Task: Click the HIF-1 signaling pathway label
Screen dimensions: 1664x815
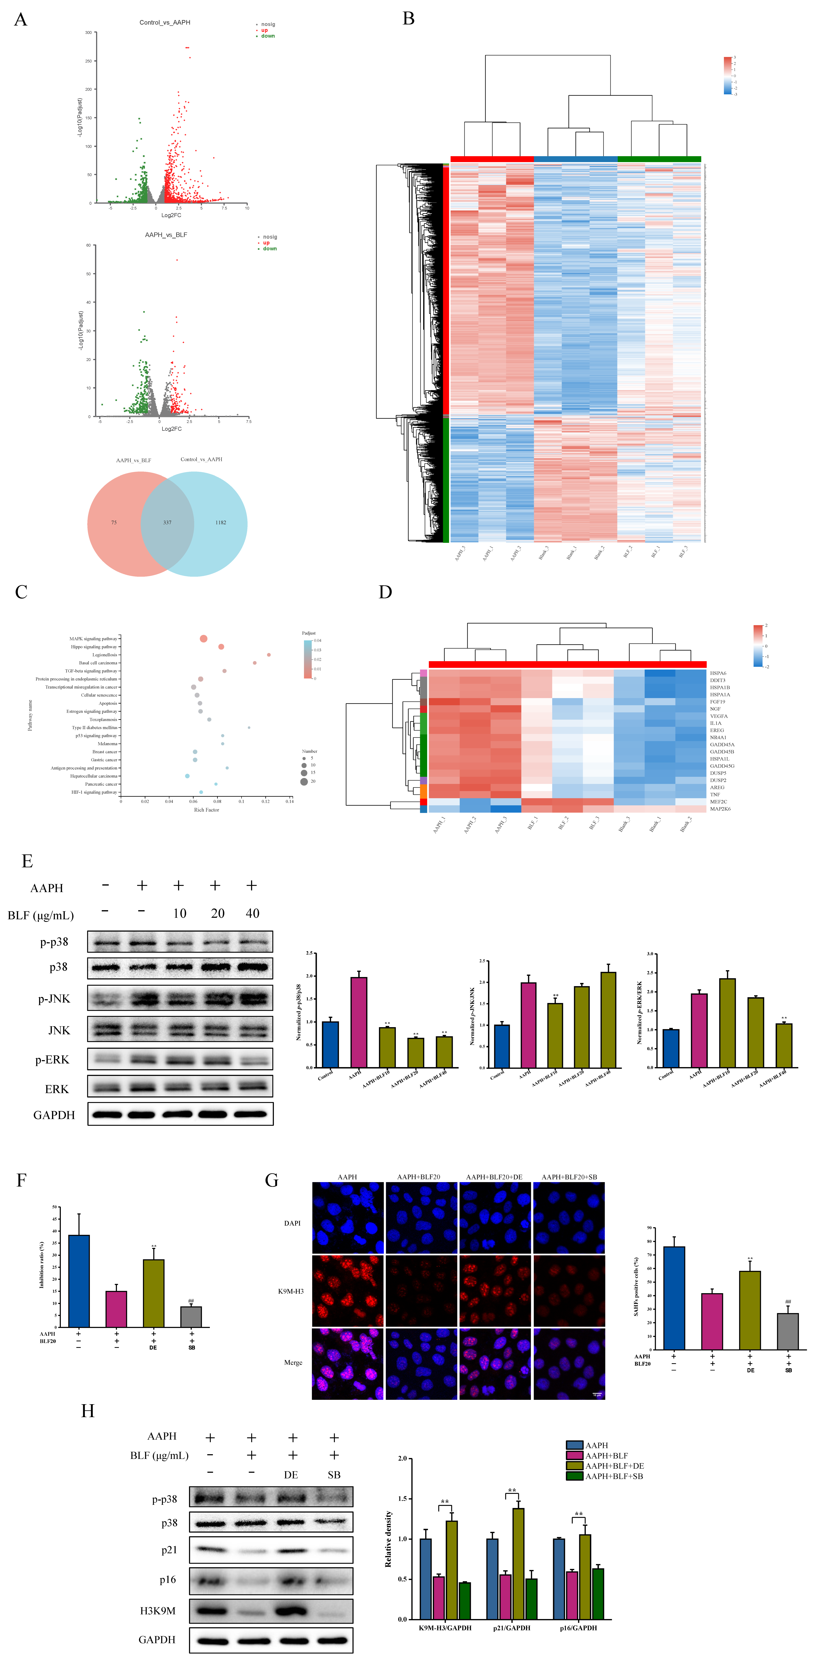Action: click(94, 792)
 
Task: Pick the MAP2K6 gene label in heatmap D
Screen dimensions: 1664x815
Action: click(720, 809)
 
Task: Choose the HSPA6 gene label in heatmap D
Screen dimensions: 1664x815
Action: click(717, 673)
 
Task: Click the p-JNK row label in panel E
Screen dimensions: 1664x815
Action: click(54, 999)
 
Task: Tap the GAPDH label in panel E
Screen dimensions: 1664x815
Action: click(54, 1115)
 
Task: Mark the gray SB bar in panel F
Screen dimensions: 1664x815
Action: click(191, 1316)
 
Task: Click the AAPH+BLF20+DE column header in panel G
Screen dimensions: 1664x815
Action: click(494, 1177)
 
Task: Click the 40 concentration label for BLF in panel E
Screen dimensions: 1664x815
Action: click(252, 913)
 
